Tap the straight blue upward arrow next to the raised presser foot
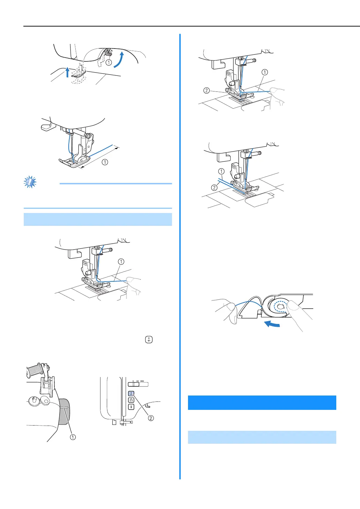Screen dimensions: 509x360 click(x=68, y=72)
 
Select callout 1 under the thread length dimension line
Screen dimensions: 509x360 click(x=105, y=162)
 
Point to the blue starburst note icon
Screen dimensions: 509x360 click(x=30, y=182)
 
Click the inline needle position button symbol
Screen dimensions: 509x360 click(x=149, y=339)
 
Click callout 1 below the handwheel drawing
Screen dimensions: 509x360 click(x=73, y=437)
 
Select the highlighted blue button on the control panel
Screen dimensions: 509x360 click(x=131, y=393)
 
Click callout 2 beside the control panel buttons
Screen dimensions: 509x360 click(x=151, y=418)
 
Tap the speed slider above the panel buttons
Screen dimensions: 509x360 click(x=138, y=384)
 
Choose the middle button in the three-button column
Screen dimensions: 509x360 click(x=131, y=400)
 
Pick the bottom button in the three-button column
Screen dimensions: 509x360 click(x=131, y=407)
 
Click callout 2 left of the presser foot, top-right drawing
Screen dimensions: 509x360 click(x=207, y=90)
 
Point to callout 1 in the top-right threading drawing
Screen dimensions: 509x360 click(x=265, y=72)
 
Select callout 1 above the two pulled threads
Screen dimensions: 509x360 click(x=221, y=171)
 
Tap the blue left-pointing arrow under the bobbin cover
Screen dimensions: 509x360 click(x=272, y=324)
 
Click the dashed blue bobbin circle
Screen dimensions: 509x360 click(x=280, y=306)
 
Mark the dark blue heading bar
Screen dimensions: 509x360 click(x=262, y=403)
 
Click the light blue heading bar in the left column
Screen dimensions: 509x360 click(x=98, y=219)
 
